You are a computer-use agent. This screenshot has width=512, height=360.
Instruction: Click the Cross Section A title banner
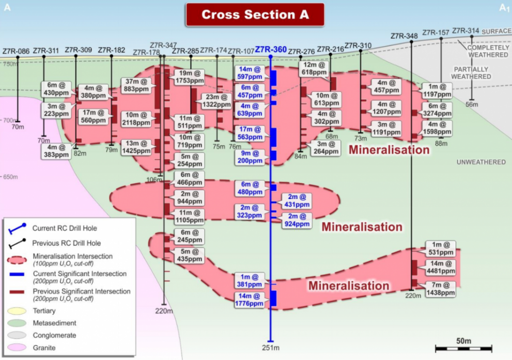coord(255,15)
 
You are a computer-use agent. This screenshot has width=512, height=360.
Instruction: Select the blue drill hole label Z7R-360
coord(271,49)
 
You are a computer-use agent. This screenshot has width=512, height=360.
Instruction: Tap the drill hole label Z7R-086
coord(16,50)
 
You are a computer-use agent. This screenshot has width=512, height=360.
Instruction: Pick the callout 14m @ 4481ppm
coord(440,267)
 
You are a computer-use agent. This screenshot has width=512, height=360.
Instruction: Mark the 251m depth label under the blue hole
coord(271,348)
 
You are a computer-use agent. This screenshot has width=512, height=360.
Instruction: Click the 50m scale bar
coord(463,347)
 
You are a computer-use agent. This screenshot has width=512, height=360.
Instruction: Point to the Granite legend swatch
coord(18,347)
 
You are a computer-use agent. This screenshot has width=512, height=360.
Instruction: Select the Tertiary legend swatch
coord(18,311)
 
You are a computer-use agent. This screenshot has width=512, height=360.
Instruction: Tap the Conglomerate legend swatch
coord(18,335)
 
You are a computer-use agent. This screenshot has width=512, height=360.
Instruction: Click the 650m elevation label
coord(10,177)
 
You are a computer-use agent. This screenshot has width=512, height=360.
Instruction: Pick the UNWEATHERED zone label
coord(481,162)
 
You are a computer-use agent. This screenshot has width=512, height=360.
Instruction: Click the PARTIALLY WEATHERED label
coord(471,73)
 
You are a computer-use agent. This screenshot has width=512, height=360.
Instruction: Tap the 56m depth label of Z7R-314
coord(472,105)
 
